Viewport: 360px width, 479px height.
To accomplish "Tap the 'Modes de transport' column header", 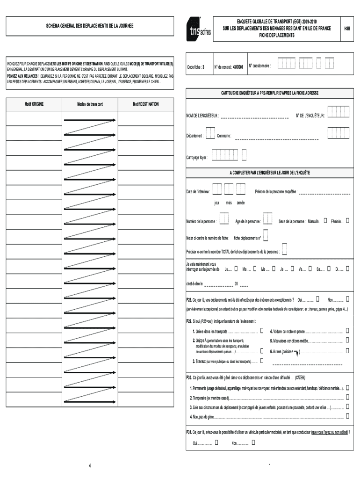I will (x=90, y=104).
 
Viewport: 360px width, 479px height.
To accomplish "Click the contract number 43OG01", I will (x=238, y=66).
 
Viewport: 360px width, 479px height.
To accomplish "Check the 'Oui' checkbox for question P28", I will (x=318, y=299).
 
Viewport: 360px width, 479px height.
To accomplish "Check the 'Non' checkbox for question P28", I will (x=347, y=299).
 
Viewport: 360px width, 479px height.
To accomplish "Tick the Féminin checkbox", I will (x=347, y=221).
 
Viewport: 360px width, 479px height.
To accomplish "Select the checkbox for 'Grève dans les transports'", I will (x=262, y=331).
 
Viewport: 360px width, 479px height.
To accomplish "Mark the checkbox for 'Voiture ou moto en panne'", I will (x=347, y=331).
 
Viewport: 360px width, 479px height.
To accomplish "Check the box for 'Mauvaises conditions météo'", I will (x=347, y=341).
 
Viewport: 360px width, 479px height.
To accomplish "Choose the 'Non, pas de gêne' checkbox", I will (x=347, y=416).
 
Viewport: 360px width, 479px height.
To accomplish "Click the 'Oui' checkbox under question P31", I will (x=216, y=442).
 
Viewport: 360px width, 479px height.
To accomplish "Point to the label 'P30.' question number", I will (x=189, y=377).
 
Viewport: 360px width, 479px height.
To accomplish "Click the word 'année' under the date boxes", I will (x=240, y=203).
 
